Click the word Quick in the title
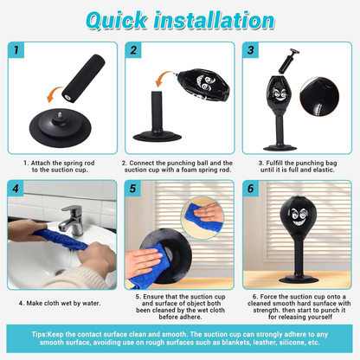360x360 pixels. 117,21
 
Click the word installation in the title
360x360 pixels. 214,20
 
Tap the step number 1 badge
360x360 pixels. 16,50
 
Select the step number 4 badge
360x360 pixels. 16,189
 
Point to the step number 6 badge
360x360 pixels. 251,189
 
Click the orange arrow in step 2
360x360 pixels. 164,80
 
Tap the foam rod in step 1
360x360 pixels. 83,78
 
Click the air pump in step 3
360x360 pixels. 288,61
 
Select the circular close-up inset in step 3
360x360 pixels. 319,97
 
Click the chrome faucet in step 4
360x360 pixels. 71,220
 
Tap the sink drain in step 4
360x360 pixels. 60,272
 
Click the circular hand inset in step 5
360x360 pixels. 202,217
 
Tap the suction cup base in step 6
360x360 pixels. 299,280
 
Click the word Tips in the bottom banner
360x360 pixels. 39,334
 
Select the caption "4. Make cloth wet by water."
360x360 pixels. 60,303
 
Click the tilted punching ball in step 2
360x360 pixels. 202,85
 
